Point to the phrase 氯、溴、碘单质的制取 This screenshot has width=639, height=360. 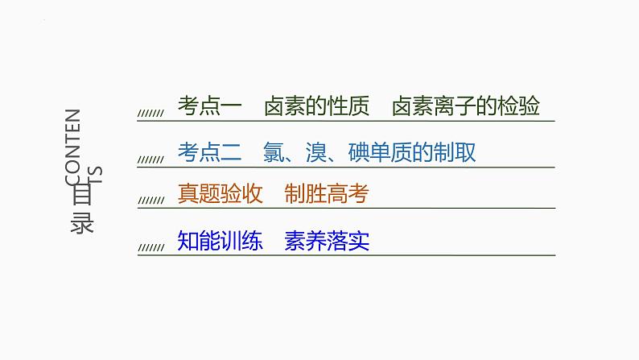369,152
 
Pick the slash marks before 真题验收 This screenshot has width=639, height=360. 150,202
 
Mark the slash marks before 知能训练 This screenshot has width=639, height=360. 150,247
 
